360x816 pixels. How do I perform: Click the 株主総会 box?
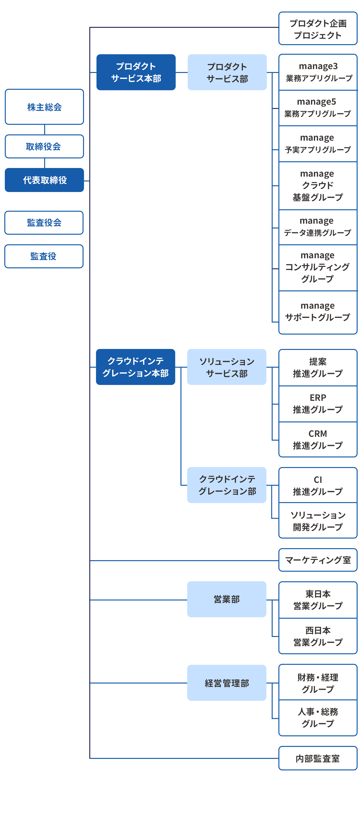(x=44, y=107)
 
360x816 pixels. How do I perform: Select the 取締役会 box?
(x=44, y=146)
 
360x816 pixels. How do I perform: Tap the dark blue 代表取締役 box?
(x=44, y=180)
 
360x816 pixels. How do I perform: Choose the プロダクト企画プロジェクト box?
(x=318, y=29)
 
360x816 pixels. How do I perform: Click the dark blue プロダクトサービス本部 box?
(x=136, y=72)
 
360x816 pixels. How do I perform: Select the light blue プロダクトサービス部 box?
(x=227, y=72)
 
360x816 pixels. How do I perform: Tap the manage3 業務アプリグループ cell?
(x=318, y=72)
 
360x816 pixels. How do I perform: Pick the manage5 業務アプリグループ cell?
(x=318, y=108)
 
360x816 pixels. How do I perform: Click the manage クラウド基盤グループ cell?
(x=318, y=186)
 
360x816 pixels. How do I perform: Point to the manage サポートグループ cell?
(x=318, y=312)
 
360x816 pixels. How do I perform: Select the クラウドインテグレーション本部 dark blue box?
(x=135, y=367)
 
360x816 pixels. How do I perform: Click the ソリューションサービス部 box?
(x=227, y=367)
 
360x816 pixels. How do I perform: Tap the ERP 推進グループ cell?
(x=318, y=404)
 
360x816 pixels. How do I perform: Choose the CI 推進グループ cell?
(x=318, y=485)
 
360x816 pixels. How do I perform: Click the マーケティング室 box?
(x=318, y=560)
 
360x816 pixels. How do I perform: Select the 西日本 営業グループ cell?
(x=318, y=636)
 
